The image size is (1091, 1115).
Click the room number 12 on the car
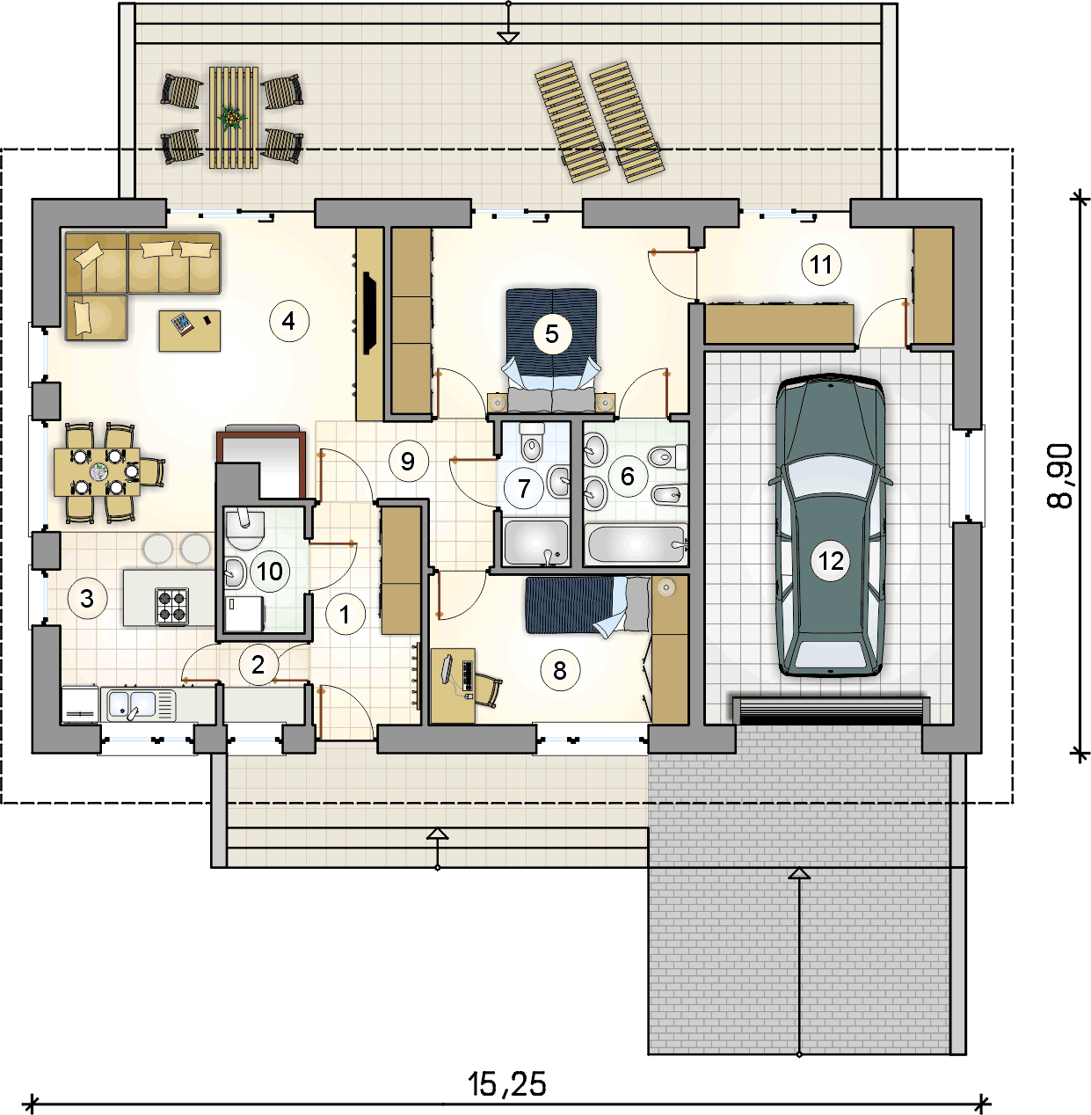click(x=831, y=561)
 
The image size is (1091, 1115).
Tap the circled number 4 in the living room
click(x=289, y=321)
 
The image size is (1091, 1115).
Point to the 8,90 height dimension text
click(x=1059, y=476)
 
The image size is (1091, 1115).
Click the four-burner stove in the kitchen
click(x=172, y=606)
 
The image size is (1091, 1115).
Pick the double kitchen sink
click(x=138, y=704)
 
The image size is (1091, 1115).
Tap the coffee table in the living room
click(x=190, y=331)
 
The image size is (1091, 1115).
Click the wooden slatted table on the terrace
click(x=234, y=118)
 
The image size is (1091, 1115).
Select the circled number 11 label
click(x=821, y=265)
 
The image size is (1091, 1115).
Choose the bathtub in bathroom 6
click(x=636, y=544)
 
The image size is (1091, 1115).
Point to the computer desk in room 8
click(x=453, y=686)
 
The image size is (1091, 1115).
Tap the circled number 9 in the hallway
click(x=409, y=461)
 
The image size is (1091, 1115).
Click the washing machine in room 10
click(x=244, y=613)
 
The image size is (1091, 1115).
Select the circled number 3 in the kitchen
click(x=87, y=598)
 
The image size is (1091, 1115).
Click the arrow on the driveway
click(x=799, y=961)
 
